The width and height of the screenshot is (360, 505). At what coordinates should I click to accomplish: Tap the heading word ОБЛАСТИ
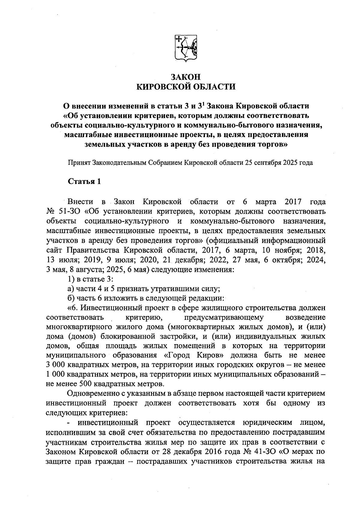[x=214, y=87]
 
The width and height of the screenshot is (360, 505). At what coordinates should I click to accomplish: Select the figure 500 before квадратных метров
[x=86, y=384]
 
